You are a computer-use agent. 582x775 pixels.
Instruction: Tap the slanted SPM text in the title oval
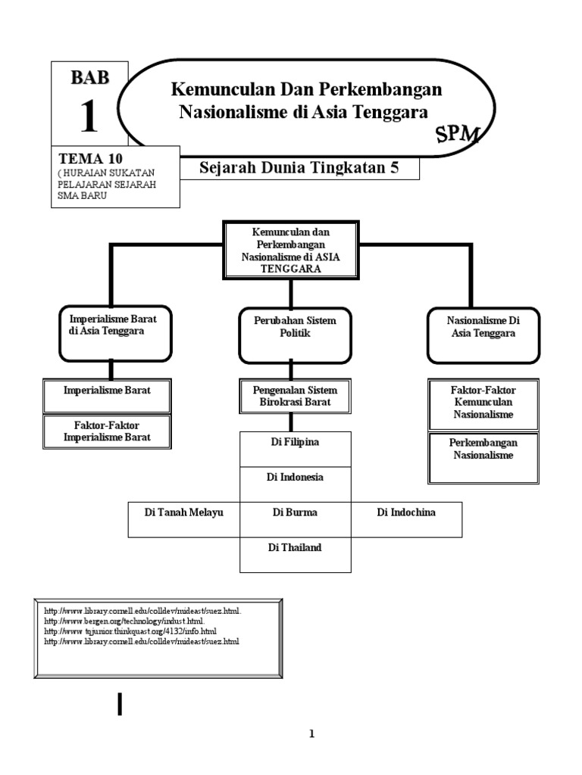point(457,135)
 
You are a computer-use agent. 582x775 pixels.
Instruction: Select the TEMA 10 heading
point(90,159)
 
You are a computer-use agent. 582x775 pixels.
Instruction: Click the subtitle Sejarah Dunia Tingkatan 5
point(299,168)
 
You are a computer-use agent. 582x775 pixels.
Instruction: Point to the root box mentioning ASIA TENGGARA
point(291,250)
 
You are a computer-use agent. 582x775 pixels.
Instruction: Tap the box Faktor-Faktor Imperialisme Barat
point(107,431)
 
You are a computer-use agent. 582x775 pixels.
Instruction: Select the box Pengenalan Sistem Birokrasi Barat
point(295,396)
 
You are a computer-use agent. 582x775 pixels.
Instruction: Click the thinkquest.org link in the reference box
point(130,630)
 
